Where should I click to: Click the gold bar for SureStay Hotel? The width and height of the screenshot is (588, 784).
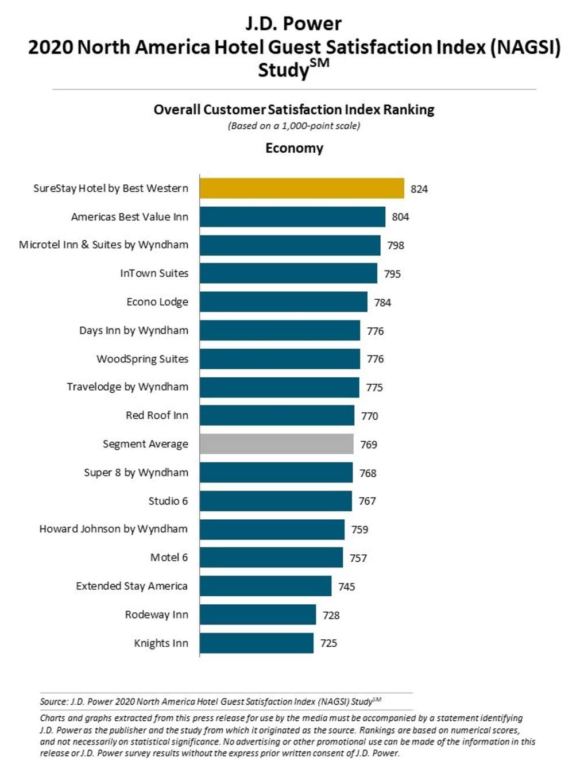tap(301, 188)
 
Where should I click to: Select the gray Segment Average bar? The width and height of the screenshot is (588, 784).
tap(276, 444)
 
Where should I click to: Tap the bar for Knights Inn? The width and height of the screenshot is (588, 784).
tap(256, 643)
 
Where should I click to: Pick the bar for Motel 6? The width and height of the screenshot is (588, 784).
tap(271, 558)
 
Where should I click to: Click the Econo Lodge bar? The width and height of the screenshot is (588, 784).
tap(283, 302)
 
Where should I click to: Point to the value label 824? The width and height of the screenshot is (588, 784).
tap(419, 189)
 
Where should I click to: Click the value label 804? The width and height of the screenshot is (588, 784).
tap(400, 217)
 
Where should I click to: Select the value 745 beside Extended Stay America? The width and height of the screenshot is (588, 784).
tap(346, 586)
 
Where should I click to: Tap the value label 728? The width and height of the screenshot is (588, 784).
tap(331, 615)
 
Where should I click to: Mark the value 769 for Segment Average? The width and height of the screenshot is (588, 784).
tap(369, 445)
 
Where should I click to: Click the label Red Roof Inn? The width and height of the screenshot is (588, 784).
tap(157, 415)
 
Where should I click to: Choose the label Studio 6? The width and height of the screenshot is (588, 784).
tap(168, 501)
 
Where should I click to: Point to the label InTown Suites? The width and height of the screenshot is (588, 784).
tap(154, 273)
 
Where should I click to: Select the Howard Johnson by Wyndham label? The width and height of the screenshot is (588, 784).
tap(113, 529)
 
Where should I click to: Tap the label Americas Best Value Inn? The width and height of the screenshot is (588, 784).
tap(129, 217)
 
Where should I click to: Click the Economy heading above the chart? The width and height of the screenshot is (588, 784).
tap(294, 148)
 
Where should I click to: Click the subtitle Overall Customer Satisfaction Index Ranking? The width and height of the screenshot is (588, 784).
tap(294, 110)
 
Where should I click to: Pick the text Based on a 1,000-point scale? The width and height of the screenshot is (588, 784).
tap(294, 126)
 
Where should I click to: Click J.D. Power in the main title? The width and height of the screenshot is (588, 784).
tap(293, 24)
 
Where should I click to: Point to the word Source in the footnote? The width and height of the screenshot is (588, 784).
tap(53, 701)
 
